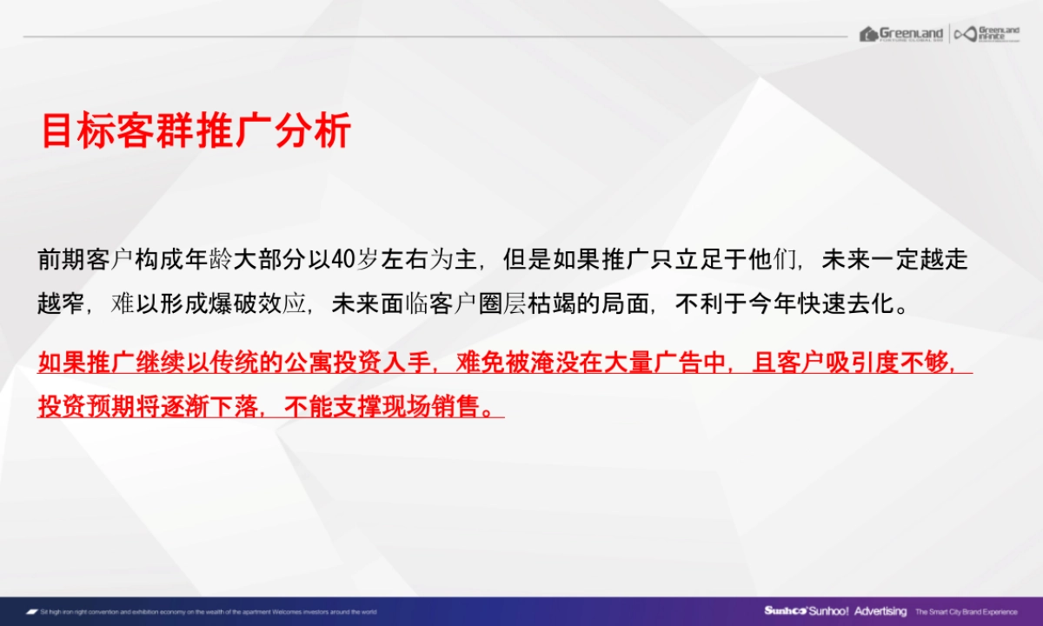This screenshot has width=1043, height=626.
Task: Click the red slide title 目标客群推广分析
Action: click(196, 130)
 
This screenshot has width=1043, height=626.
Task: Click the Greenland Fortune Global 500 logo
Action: click(901, 34)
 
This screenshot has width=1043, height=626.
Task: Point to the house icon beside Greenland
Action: click(868, 34)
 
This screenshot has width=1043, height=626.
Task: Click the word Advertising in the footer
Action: click(880, 611)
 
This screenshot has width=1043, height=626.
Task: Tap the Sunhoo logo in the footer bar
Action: click(787, 611)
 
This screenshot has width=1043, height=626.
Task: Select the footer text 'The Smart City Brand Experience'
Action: click(966, 611)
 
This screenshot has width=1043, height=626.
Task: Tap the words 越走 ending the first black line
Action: click(944, 259)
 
